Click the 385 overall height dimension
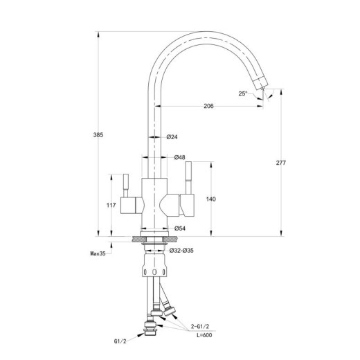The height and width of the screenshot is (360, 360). [98, 135]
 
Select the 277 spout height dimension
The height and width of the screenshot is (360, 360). [281, 163]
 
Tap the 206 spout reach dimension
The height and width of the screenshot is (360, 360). [208, 106]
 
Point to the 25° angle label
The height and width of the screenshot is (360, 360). [243, 93]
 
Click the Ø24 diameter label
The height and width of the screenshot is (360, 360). [172, 137]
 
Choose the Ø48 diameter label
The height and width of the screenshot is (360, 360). [179, 157]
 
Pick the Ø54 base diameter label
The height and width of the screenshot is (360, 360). [180, 228]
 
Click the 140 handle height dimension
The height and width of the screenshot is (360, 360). [211, 199]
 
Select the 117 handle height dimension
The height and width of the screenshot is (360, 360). [111, 205]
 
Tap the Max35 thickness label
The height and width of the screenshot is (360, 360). [98, 253]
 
